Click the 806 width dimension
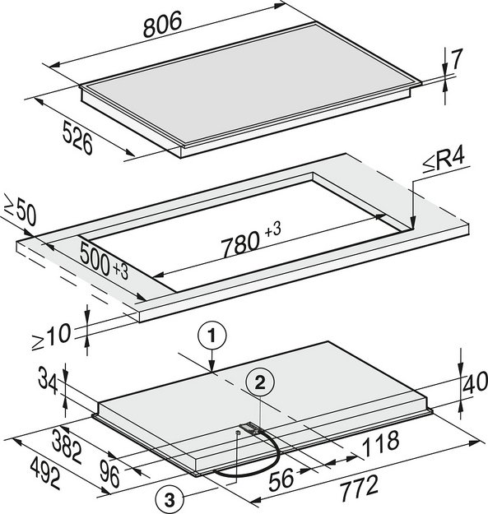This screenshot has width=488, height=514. tap(162, 24)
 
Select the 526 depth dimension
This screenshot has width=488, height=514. tap(77, 137)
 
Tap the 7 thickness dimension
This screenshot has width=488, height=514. tap(456, 59)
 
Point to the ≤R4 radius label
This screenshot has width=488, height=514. tap(444, 161)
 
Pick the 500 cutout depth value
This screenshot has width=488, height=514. tap(95, 258)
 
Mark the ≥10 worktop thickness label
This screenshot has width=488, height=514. tap(51, 336)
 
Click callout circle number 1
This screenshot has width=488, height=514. tap(211, 336)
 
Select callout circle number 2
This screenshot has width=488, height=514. tap(260, 382)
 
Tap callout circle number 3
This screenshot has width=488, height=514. tap(170, 500)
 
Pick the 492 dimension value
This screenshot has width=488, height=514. tap(45, 474)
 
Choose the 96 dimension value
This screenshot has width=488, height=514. tap(109, 474)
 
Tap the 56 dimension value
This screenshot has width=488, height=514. tap(281, 479)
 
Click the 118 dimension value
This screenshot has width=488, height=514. tap(381, 443)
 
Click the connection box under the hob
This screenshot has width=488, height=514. tap(250, 428)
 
